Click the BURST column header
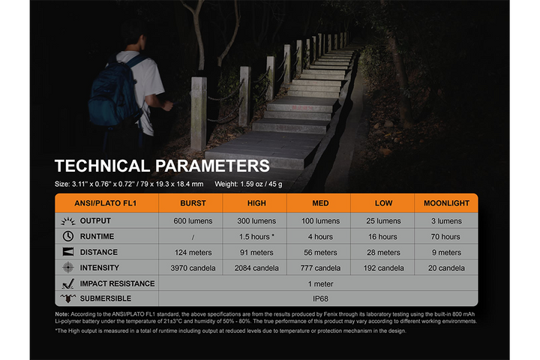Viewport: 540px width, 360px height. pos(193,203)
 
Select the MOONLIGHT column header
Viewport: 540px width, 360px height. pos(446,203)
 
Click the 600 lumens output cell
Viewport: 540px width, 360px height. pos(193,221)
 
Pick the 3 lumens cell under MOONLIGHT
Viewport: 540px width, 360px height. pos(446,221)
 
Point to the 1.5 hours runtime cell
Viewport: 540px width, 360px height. pos(256,237)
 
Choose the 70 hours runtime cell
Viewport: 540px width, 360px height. pos(446,237)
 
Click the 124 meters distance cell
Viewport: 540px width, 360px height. pos(193,253)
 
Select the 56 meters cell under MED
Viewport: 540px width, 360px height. pos(320,253)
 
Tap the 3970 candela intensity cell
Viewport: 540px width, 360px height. pos(193,268)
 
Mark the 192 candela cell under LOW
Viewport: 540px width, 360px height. pos(384,268)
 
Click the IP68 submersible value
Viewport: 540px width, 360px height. pos(320,299)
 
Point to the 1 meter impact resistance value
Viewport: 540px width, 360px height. pos(320,283)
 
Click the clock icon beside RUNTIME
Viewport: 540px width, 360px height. pos(68,236)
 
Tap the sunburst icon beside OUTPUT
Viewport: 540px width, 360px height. pos(68,221)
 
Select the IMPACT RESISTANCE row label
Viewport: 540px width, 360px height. pos(117,283)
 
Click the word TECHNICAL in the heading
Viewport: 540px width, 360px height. pos(102,166)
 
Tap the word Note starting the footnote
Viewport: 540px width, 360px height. pos(62,313)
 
